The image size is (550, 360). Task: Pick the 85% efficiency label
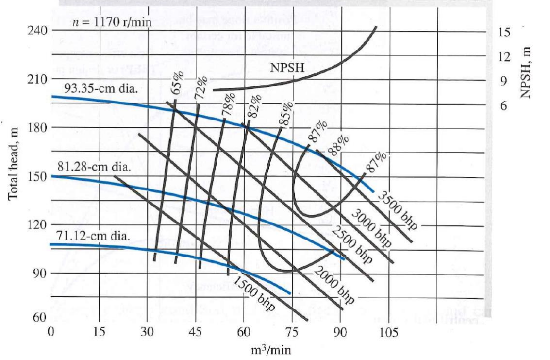coord(287,113)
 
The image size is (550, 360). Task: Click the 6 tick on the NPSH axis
coord(504,105)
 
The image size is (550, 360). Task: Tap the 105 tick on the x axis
coord(388,333)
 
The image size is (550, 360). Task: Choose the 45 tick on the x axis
coord(196,333)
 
